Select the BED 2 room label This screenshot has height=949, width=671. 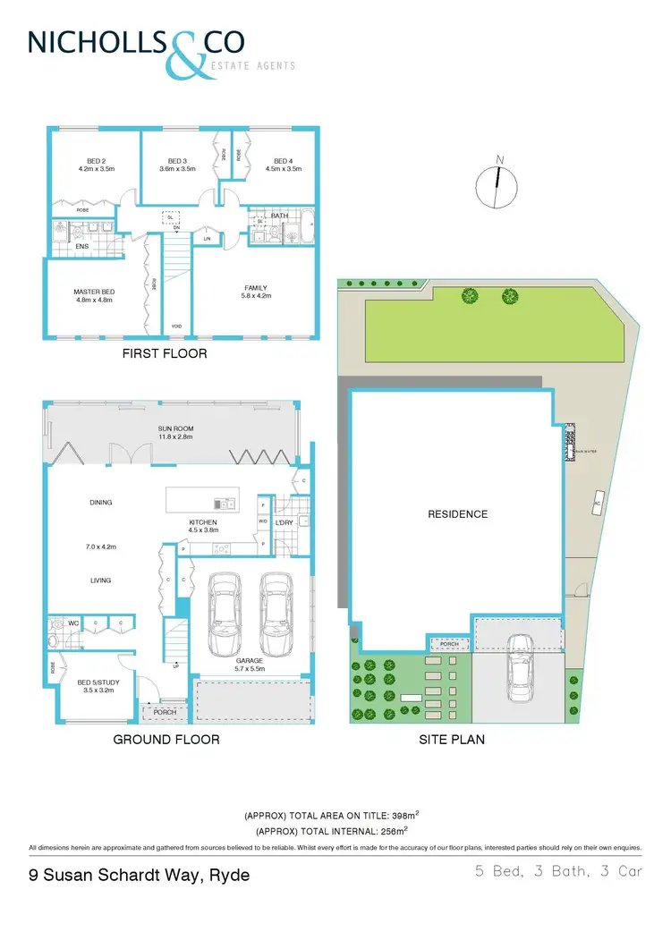pyautogui.click(x=91, y=160)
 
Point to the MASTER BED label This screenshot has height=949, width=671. pyautogui.click(x=91, y=291)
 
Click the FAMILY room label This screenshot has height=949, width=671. pyautogui.click(x=256, y=288)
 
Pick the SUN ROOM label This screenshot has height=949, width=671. pyautogui.click(x=177, y=428)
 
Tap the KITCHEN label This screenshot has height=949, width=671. pyautogui.click(x=203, y=522)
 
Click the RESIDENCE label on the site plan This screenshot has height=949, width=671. pyautogui.click(x=457, y=514)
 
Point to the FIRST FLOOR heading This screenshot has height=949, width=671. pyautogui.click(x=165, y=354)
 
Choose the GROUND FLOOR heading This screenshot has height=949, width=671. pyautogui.click(x=166, y=740)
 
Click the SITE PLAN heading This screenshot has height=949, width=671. pyautogui.click(x=452, y=740)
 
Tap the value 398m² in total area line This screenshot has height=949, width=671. pyautogui.click(x=404, y=817)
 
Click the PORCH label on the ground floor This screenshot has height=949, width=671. pyautogui.click(x=165, y=713)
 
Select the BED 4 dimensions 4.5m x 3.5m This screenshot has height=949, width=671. pyautogui.click(x=284, y=168)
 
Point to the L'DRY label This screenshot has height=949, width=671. pyautogui.click(x=285, y=521)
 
